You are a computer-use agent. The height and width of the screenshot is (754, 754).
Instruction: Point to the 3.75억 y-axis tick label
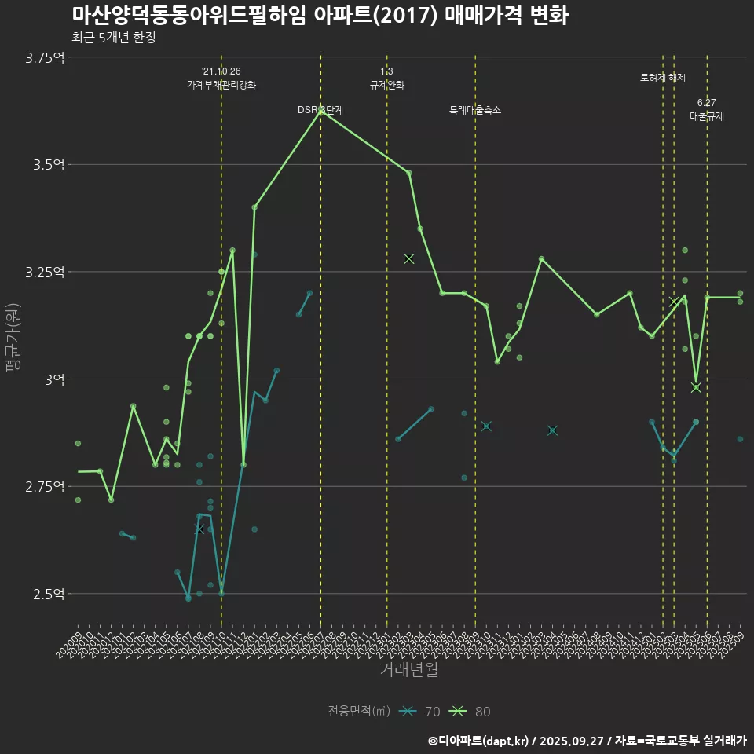coord(46,57)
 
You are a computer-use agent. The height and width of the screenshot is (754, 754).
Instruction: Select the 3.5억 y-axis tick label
coord(49,165)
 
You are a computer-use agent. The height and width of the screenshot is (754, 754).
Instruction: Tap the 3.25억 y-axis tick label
coord(46,272)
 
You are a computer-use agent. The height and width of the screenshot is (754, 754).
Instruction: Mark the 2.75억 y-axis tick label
coord(46,487)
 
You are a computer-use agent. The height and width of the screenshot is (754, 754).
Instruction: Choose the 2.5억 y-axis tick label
coord(49,594)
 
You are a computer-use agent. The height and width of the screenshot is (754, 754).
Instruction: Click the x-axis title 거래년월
coord(408,670)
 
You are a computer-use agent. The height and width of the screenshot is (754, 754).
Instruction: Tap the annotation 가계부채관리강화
coord(221,85)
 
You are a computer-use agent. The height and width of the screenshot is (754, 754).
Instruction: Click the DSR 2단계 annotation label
coord(320,110)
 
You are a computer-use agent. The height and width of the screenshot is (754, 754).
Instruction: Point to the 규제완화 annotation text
coord(386,85)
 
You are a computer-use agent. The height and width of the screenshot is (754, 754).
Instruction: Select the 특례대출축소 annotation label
coord(475,110)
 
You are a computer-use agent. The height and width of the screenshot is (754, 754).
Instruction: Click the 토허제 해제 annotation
coord(663,79)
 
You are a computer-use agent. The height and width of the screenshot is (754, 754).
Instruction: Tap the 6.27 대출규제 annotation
coord(707,110)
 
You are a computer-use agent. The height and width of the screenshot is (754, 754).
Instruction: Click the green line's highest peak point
coord(320,112)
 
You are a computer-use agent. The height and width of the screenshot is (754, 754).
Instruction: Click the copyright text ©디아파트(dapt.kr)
coord(479,741)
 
